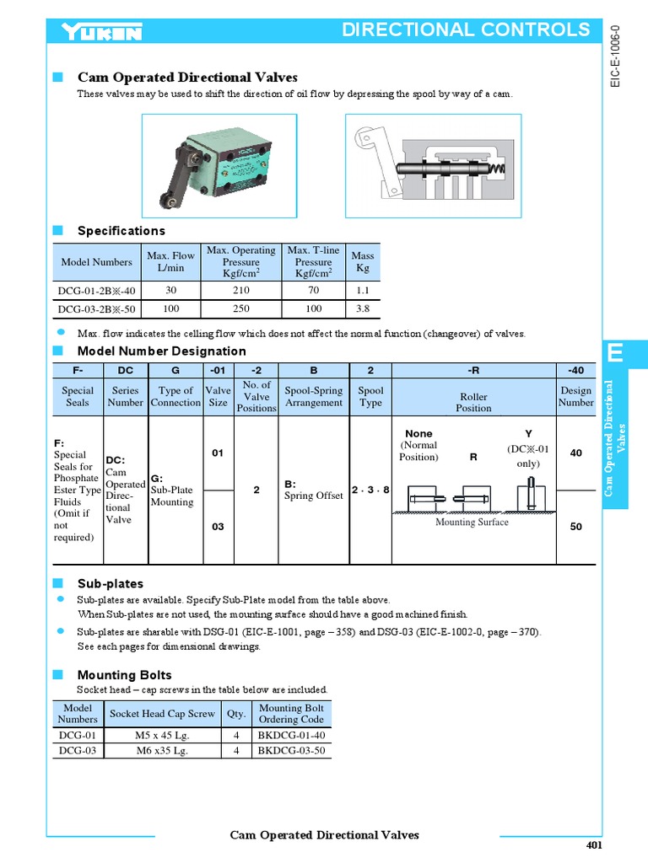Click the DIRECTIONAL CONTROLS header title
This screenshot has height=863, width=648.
[x=466, y=30]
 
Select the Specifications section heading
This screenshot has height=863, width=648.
[x=121, y=231]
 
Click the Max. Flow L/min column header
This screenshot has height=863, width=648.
[x=170, y=261]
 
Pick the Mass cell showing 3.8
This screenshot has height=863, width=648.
[x=363, y=309]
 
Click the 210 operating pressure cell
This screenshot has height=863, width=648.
[x=246, y=289]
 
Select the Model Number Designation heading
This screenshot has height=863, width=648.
[x=162, y=351]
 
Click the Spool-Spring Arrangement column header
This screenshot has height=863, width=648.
[x=314, y=396]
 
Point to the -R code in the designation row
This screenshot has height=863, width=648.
[x=473, y=369]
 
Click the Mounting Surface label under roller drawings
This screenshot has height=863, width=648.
[x=472, y=523]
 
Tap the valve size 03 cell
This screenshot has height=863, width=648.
[x=218, y=527]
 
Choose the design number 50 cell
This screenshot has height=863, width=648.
[x=576, y=527]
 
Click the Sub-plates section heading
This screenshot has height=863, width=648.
[x=111, y=584]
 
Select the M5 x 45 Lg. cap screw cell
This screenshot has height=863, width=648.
[x=162, y=735]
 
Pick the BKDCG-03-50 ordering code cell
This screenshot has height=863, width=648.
[x=291, y=750]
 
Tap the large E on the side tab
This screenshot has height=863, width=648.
[x=616, y=354]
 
